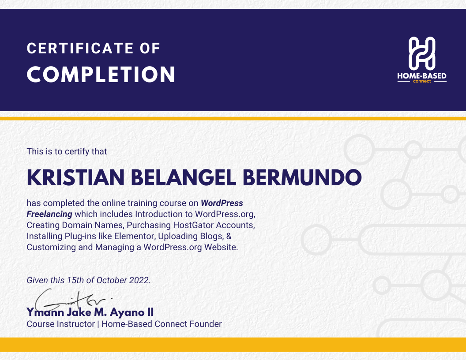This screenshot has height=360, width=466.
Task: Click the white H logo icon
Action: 422,53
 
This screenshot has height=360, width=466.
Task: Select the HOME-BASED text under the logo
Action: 422,76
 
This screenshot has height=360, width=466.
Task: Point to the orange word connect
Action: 422,81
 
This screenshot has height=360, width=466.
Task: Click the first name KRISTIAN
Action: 75,178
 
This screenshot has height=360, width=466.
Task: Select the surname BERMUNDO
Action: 302,178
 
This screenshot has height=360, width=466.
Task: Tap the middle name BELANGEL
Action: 184,178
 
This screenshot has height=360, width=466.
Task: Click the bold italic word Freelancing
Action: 49,214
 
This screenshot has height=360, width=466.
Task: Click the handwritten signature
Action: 71,300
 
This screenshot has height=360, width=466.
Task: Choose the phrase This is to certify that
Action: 67,151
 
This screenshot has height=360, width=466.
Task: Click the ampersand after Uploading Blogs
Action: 229,236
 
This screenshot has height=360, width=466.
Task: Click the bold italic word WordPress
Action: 222,203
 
